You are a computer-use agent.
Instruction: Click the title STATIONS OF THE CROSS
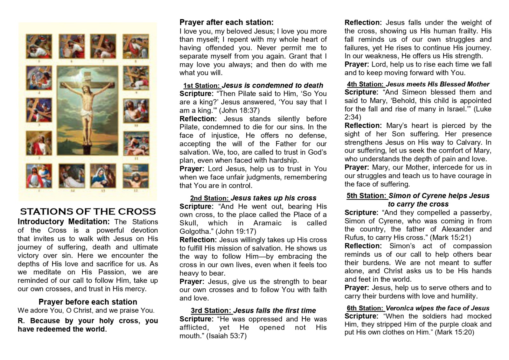pyautogui.click(x=88, y=212)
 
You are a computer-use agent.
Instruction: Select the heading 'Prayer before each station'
pyautogui.click(x=88, y=302)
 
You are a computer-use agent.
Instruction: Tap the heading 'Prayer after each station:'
pyautogui.click(x=226, y=22)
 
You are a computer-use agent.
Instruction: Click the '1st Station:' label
pyautogui.click(x=201, y=86)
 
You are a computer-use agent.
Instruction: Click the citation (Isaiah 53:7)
pyautogui.click(x=227, y=336)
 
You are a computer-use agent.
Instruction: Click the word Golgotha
pyautogui.click(x=194, y=231)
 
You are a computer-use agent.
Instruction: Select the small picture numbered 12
pyautogui.click(x=136, y=176)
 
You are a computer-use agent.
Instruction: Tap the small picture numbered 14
pyautogui.click(x=72, y=176)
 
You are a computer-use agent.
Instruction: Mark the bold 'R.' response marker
pyautogui.click(x=21, y=321)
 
